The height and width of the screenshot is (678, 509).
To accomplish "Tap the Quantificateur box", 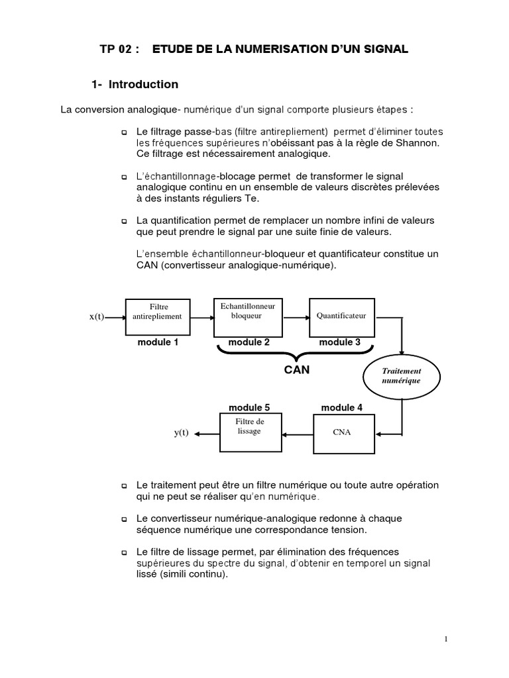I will tap(341, 316).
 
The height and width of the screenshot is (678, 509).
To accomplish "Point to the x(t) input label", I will tap(97, 316).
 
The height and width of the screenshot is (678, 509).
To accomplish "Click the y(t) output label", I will tap(182, 434).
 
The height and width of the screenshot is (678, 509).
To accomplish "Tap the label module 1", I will tap(158, 342).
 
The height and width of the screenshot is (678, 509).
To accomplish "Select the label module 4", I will tap(341, 408).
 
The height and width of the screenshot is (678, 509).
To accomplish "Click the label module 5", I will tap(249, 407).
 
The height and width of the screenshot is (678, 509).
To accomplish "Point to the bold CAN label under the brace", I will tap(296, 370).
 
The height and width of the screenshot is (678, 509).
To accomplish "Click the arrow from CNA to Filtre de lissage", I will tap(296, 434).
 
